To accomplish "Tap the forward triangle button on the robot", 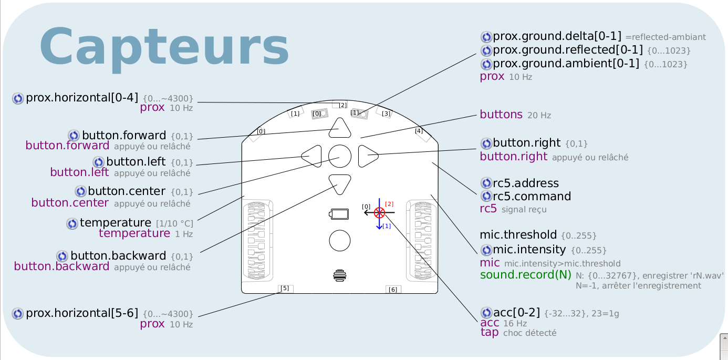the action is tap(340, 128).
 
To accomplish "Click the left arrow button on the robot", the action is tap(311, 156).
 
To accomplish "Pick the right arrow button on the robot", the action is tap(368, 156).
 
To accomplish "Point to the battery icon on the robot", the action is tap(339, 214).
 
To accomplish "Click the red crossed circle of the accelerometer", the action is tap(379, 213).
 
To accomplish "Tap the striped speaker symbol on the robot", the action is tap(340, 275).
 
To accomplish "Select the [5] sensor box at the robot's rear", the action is tap(285, 289).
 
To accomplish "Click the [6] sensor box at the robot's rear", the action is tap(393, 290).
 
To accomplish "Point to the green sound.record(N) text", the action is tap(526, 275).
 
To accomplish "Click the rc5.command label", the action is tap(532, 196).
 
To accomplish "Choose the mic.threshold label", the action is tap(518, 234).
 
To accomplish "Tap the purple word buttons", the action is tap(501, 115).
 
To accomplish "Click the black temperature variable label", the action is tap(116, 223).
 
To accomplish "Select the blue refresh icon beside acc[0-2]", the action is tap(486, 313).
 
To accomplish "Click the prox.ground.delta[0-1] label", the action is tap(557, 36).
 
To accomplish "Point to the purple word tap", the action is tap(490, 332).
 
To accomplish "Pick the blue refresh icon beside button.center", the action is tap(80, 191).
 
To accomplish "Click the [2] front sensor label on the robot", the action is tap(343, 105).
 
